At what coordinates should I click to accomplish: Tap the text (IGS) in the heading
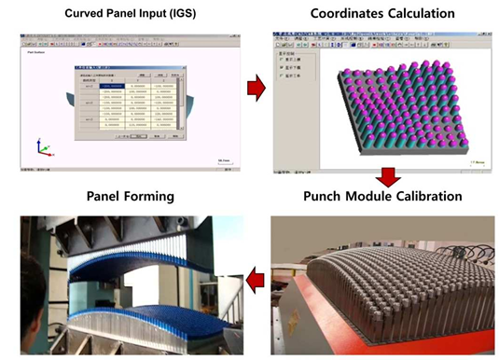(210, 14)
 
